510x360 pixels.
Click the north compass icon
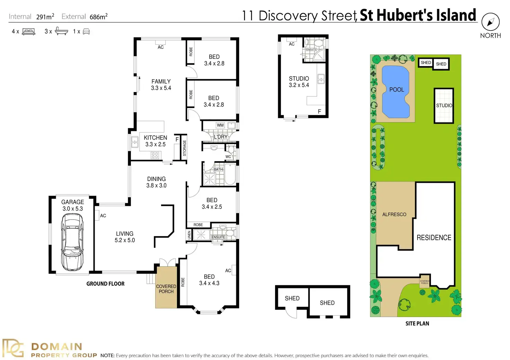(x=490, y=22)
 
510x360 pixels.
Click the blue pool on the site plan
(x=395, y=92)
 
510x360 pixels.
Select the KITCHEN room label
(x=155, y=138)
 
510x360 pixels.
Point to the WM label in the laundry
(x=220, y=125)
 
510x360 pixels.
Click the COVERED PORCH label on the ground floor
(x=166, y=289)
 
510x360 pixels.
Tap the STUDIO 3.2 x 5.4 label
(x=299, y=82)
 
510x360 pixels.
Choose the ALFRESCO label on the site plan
(x=394, y=215)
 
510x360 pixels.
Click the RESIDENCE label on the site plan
(x=434, y=238)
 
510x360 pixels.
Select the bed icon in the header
(x=28, y=32)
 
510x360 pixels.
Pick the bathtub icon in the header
(x=61, y=31)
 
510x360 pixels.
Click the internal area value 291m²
(x=45, y=17)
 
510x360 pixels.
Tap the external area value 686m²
(x=98, y=17)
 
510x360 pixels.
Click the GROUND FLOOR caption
(x=105, y=284)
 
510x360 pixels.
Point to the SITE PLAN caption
(x=417, y=324)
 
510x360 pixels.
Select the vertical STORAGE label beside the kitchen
(x=184, y=148)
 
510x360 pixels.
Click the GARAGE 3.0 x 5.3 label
(x=72, y=205)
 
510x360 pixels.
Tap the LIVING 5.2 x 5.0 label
(x=125, y=237)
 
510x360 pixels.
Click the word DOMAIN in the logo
(x=56, y=346)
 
